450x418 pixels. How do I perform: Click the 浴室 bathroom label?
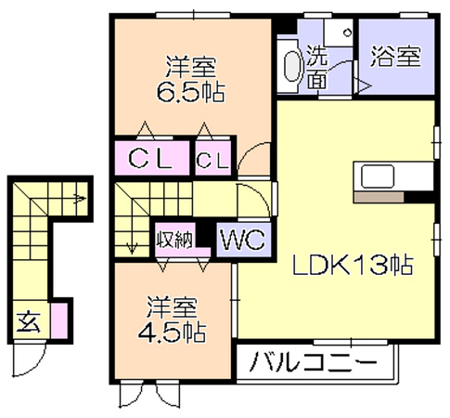pos(396,57)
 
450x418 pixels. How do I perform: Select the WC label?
pos(243,240)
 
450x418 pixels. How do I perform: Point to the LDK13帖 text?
pos(353,265)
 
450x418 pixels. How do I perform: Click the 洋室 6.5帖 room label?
pos(191,80)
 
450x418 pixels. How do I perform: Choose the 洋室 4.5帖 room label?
pos(172,320)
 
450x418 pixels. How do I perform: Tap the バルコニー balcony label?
pos(313,361)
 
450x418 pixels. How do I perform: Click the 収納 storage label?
pos(174,240)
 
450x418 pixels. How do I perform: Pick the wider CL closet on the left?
pos(150,159)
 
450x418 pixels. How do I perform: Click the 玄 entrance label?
pos(29,322)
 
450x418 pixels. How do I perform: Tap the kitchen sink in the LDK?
pos(378,176)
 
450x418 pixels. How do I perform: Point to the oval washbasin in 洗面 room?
pos(292,66)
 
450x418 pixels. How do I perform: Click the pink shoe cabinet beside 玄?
pos(59,320)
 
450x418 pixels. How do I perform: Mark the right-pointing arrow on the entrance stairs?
pos(80,198)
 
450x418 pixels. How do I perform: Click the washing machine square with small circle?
pos(339,33)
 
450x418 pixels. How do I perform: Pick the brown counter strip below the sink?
pos(379,197)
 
